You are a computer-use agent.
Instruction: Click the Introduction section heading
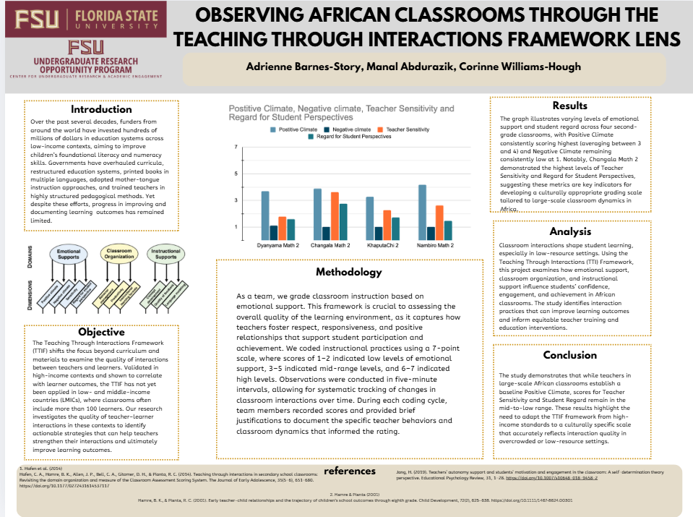101,109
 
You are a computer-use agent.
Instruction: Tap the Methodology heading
348,272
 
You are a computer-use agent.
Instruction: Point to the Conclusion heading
569,355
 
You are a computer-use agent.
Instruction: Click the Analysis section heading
569,231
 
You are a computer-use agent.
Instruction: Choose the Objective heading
101,332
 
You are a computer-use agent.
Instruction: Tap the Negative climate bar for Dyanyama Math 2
274,232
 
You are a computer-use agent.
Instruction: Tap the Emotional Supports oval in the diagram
69,255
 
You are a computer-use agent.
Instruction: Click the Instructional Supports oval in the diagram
165,255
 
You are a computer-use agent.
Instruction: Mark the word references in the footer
350,471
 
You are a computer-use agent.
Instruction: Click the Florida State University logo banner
85,19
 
